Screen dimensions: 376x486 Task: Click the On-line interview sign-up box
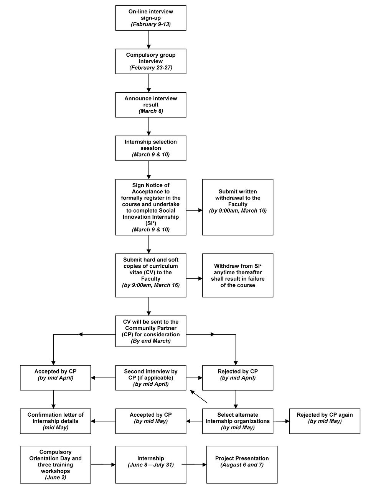[x=150, y=18]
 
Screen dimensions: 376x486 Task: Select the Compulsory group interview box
[x=150, y=61]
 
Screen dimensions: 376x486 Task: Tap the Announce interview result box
[x=150, y=105]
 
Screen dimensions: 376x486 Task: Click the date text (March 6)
[x=150, y=111]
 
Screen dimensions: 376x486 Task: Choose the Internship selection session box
[x=150, y=148]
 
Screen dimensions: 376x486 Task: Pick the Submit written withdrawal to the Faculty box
[x=238, y=207]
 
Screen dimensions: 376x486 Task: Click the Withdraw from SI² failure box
[x=238, y=275]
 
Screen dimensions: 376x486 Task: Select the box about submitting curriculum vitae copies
[x=150, y=275]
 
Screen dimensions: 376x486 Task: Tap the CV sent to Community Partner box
[x=150, y=331]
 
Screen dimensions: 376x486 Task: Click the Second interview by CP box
[x=150, y=378]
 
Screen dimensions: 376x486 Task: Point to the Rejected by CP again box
[x=325, y=421]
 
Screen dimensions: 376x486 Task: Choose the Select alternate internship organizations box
[x=238, y=421]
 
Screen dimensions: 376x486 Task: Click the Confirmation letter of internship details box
[x=55, y=421]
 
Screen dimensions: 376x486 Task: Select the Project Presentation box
[x=242, y=465]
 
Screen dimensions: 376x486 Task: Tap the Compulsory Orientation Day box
[x=55, y=465]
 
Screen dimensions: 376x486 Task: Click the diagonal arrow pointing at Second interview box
[x=198, y=396]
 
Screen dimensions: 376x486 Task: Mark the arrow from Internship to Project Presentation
[x=194, y=465]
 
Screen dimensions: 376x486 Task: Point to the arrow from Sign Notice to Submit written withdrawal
[x=194, y=210]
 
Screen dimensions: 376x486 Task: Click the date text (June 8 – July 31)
[x=150, y=465]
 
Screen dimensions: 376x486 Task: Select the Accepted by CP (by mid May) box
[x=150, y=421]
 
